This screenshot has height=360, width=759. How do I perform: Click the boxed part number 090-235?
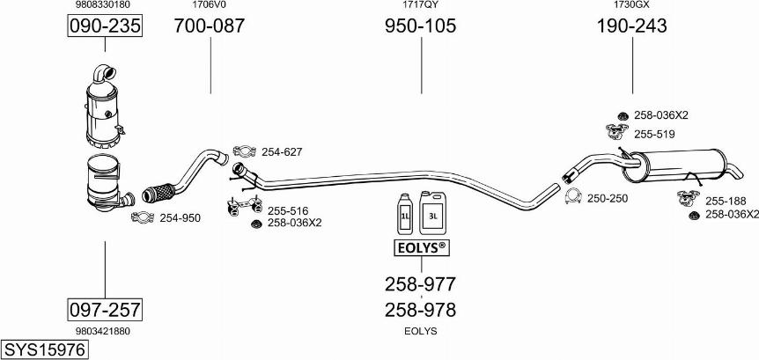[105, 27]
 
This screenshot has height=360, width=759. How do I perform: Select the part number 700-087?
[210, 26]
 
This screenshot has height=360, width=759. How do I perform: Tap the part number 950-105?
[420, 26]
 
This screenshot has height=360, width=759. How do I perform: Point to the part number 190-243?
[631, 26]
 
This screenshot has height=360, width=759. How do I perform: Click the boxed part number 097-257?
[105, 309]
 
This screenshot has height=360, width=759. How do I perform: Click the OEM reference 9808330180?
[105, 5]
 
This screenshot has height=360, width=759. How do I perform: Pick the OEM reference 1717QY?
[420, 5]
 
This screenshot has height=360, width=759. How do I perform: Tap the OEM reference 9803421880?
[105, 331]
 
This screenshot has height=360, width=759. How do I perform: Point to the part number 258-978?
[420, 310]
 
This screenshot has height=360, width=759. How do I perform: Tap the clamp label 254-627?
[282, 152]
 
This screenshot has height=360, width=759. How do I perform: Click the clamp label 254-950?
[180, 217]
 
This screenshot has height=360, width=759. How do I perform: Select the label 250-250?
[608, 198]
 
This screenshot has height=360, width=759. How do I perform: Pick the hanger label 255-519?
[654, 134]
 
